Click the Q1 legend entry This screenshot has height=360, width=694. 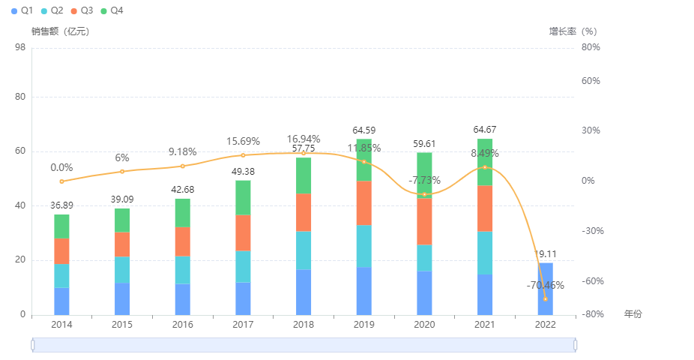click(22, 10)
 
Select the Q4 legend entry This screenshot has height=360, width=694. click(111, 10)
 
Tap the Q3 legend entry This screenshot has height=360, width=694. click(82, 10)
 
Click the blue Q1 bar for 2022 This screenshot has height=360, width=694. click(545, 289)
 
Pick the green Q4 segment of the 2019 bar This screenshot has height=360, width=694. click(363, 160)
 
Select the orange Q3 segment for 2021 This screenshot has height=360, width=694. click(485, 208)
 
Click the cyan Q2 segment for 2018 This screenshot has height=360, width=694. click(304, 250)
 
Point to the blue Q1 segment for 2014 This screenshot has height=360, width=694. click(61, 301)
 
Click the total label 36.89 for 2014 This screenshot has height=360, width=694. click(61, 205)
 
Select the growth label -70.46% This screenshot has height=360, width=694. click(545, 285)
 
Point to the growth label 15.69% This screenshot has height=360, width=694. click(243, 141)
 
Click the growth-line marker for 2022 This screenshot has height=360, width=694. click(545, 299)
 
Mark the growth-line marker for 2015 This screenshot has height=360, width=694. click(122, 171)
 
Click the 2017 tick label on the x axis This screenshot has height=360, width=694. click(243, 324)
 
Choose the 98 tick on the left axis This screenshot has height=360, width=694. click(20, 47)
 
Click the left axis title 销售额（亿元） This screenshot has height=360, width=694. click(60, 31)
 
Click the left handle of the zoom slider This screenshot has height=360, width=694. click(33, 344)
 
